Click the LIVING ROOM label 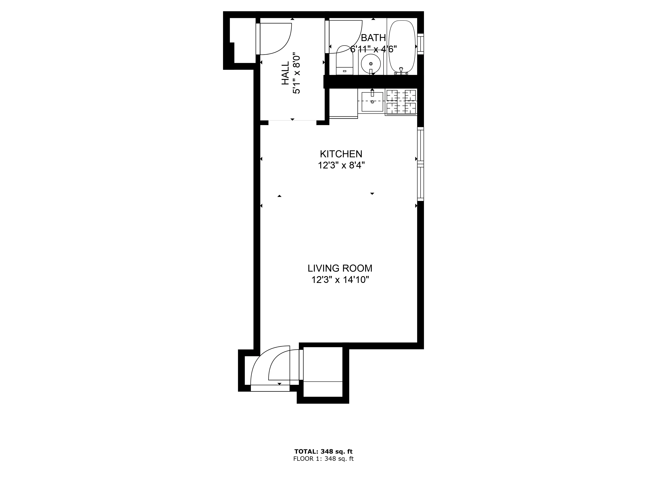click(x=340, y=268)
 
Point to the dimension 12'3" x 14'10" click(x=340, y=280)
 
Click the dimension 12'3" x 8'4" click(x=341, y=166)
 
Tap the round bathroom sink click(x=371, y=63)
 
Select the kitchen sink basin click(x=372, y=102)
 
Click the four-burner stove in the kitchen click(x=401, y=102)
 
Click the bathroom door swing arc click(x=345, y=37)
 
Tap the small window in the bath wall click(x=420, y=44)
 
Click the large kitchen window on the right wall click(x=420, y=164)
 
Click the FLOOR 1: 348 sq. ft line click(x=323, y=459)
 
